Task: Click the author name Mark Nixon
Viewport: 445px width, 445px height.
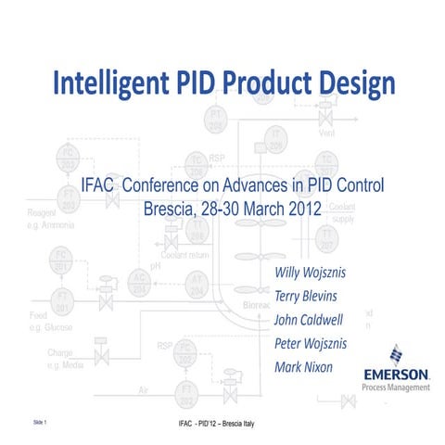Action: (305, 366)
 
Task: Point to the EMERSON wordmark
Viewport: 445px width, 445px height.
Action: (396, 374)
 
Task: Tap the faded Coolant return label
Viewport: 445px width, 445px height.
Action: (190, 254)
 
